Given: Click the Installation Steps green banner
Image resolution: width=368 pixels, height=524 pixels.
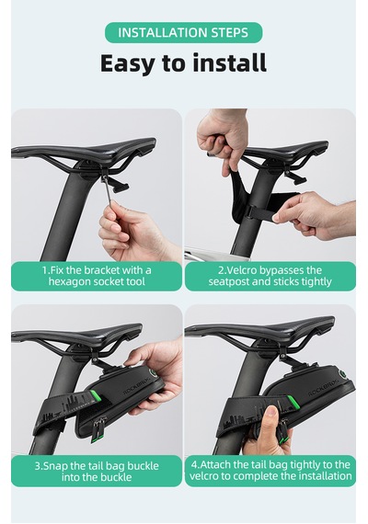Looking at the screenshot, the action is [183, 32].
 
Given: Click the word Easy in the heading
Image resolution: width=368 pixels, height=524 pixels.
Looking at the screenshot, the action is [126, 63].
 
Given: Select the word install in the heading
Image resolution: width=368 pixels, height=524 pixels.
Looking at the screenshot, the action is [229, 63].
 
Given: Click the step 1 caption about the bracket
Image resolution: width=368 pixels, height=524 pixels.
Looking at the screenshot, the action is [97, 276].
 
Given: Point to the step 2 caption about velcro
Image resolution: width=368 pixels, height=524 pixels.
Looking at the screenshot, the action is [270, 276].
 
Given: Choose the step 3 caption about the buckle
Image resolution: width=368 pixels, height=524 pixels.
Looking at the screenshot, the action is [97, 471].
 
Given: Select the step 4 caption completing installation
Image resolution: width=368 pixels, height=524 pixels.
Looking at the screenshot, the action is [270, 470].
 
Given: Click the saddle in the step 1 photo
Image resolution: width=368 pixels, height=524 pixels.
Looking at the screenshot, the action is [84, 150].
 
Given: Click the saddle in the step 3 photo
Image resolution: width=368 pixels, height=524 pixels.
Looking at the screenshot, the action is [76, 335].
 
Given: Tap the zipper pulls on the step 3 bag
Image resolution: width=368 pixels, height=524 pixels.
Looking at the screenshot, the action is [97, 430].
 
